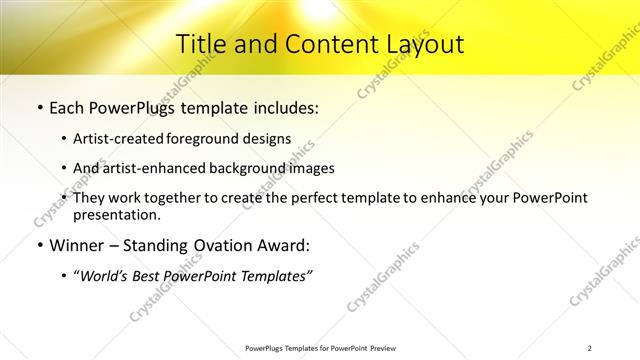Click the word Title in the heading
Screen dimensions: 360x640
(201, 44)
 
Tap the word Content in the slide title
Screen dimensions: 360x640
(320, 44)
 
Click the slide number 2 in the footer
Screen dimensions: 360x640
(589, 348)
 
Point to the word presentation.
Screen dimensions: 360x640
(116, 214)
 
